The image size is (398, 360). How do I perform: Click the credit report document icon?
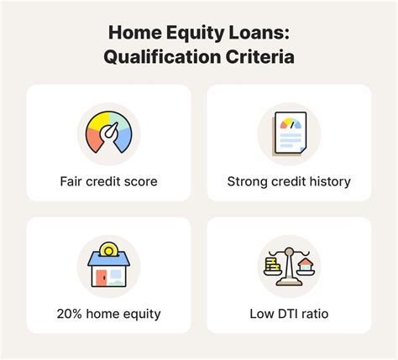pos(289,134)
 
